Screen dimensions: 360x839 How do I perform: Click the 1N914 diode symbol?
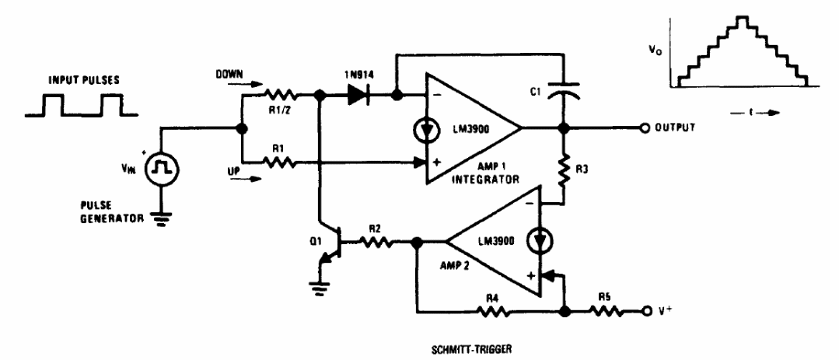358,97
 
